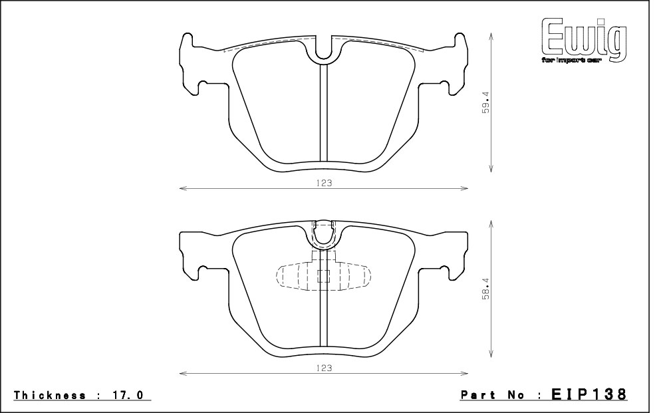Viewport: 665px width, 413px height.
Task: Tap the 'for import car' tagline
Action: (x=571, y=61)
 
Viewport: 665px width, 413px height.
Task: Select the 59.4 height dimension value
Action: (x=485, y=102)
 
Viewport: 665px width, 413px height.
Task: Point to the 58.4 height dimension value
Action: (x=485, y=289)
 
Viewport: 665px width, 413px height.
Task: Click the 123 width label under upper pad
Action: (x=324, y=183)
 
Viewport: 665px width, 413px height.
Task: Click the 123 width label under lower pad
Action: (x=324, y=368)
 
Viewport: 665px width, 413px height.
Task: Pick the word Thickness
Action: (x=50, y=396)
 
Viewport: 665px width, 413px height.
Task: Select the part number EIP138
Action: (x=589, y=394)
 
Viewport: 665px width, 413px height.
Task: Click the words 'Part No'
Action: (x=493, y=396)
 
